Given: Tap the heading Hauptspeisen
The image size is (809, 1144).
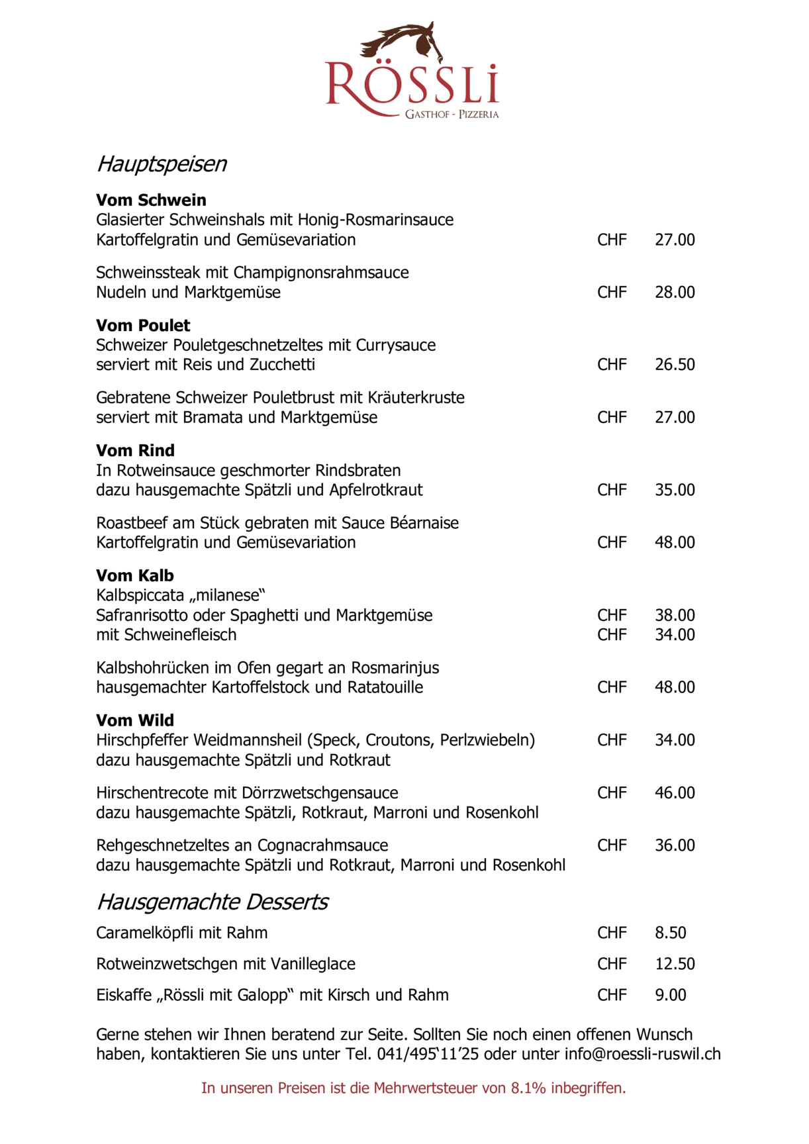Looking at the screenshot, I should tap(162, 164).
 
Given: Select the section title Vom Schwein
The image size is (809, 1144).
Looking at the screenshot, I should tap(151, 200).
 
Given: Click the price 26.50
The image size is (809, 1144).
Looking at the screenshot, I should tap(675, 365).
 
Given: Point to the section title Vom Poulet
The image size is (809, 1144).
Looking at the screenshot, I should tap(143, 326).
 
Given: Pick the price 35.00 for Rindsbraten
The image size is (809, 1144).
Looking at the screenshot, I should tap(675, 490).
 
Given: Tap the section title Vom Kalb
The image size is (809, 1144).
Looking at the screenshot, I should tap(135, 576).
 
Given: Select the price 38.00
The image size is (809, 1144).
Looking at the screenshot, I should tap(675, 615).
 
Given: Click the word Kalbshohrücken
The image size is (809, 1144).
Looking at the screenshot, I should tap(153, 668).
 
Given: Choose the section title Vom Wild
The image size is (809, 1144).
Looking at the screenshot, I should tap(135, 720).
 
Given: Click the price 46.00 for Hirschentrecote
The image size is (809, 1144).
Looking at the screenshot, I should tap(675, 793).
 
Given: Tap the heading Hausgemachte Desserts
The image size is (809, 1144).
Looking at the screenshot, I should tap(212, 902).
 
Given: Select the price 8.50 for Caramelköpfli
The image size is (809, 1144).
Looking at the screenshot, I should tap(670, 933).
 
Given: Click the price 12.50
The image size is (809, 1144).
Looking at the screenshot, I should tap(675, 964).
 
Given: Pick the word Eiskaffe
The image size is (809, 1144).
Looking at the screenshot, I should tap(124, 995).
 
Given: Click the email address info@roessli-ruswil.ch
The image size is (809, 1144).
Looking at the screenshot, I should tap(642, 1054).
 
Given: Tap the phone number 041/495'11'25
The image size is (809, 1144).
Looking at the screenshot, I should tap(428, 1054).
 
